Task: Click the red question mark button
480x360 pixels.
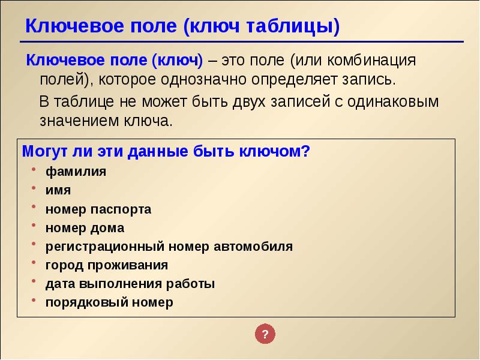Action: click(265, 334)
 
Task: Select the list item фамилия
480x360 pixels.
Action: click(76, 172)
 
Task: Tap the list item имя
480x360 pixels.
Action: click(58, 190)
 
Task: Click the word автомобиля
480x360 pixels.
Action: click(253, 247)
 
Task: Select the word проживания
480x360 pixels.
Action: click(128, 265)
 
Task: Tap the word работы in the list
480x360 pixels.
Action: click(190, 284)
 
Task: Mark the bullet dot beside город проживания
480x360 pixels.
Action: click(34, 263)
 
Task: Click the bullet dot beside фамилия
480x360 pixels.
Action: click(34, 169)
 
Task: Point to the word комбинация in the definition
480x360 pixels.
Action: click(371, 61)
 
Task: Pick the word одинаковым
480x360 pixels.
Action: click(393, 101)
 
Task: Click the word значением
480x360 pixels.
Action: click(79, 121)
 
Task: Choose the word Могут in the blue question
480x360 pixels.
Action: click(46, 152)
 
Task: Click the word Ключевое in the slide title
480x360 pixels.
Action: click(76, 26)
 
